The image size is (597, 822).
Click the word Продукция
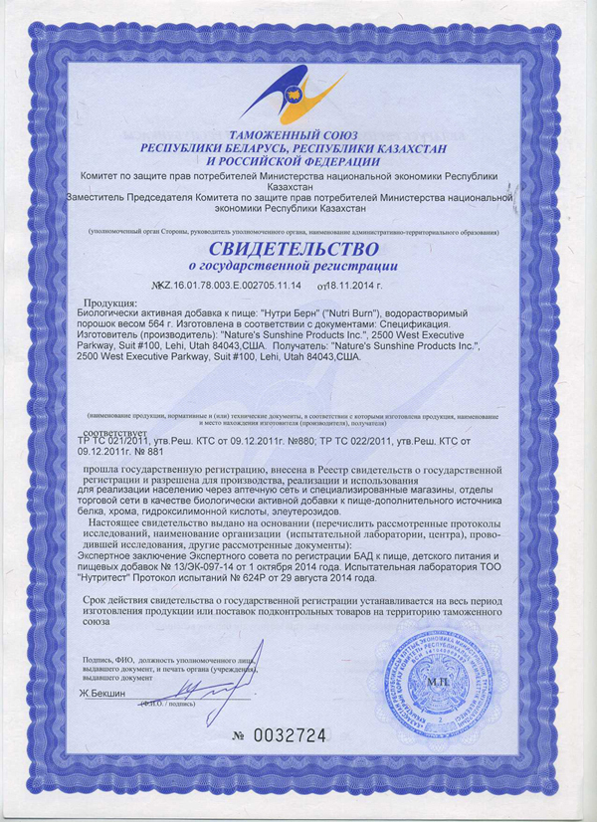[x=115, y=304]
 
